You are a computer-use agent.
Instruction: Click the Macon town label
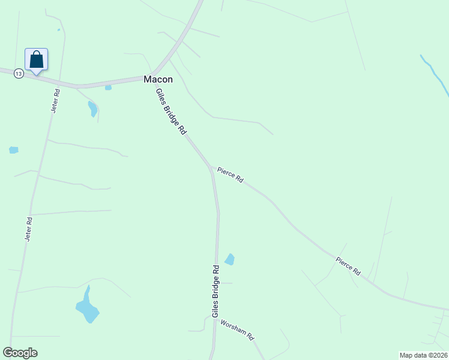click(158, 79)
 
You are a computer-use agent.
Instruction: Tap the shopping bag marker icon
click(36, 60)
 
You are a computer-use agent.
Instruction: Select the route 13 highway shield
click(19, 73)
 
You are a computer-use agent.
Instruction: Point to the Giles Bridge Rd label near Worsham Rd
click(215, 291)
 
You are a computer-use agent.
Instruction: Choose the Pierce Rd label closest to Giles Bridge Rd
click(231, 175)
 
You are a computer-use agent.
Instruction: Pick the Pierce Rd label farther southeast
click(348, 266)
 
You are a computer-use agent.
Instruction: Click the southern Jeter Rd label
click(28, 229)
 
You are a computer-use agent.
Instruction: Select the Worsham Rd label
click(238, 329)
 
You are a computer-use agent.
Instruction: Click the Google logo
click(20, 353)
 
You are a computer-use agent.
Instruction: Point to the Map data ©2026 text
click(423, 355)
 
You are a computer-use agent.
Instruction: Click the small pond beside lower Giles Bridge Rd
click(229, 259)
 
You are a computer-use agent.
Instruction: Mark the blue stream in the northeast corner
click(435, 75)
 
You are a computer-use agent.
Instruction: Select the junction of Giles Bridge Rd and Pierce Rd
click(210, 167)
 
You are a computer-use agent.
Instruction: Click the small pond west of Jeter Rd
click(13, 150)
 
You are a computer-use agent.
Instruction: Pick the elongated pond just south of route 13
click(92, 109)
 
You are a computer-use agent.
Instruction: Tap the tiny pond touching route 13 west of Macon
click(108, 88)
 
